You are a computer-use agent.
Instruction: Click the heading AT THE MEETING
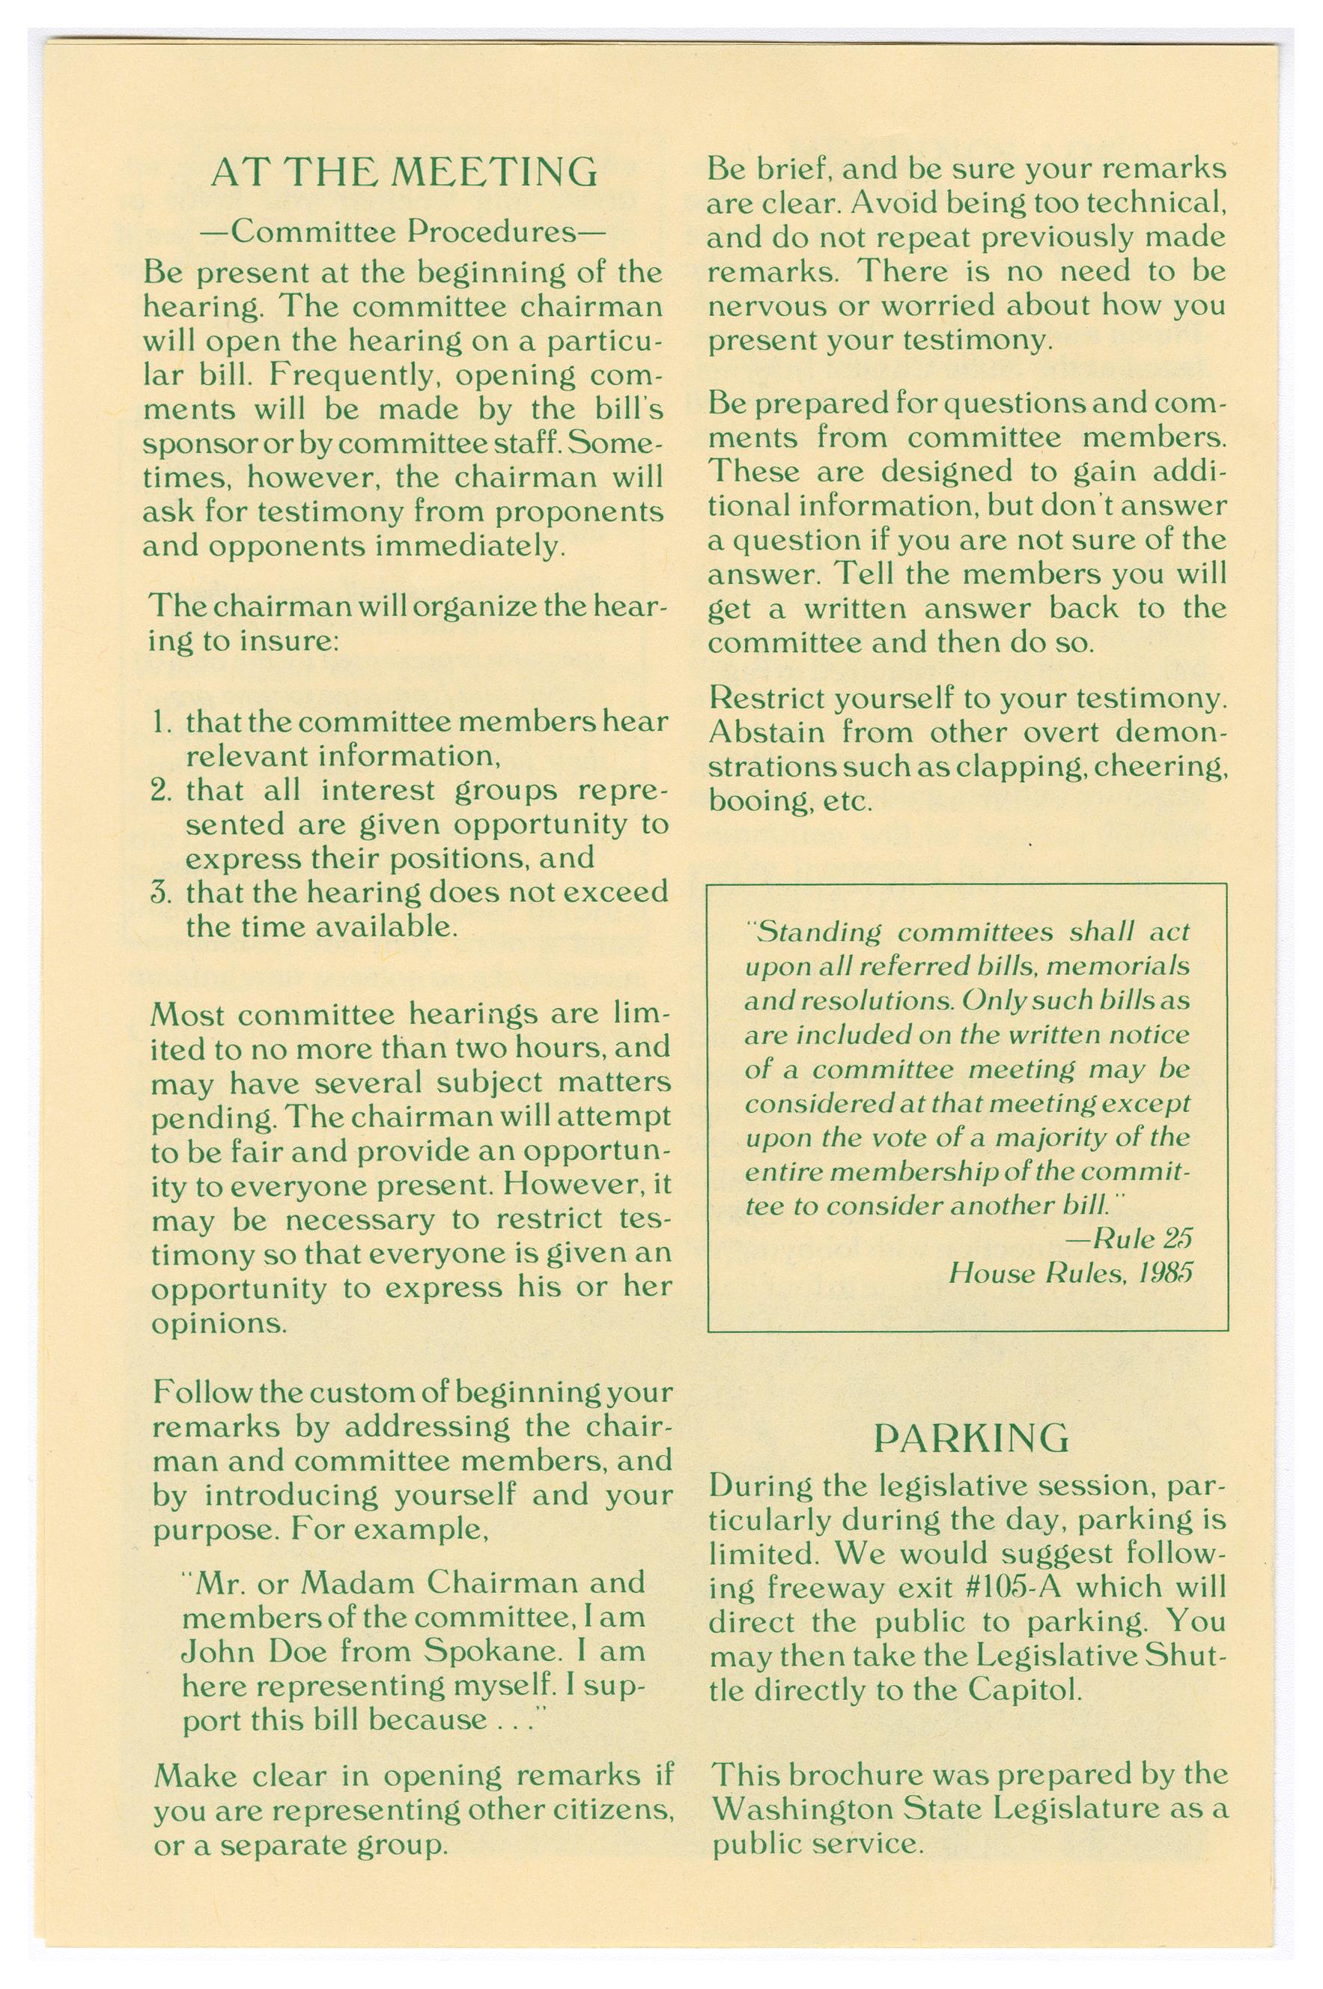[404, 173]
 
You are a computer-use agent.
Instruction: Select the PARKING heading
[971, 1438]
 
